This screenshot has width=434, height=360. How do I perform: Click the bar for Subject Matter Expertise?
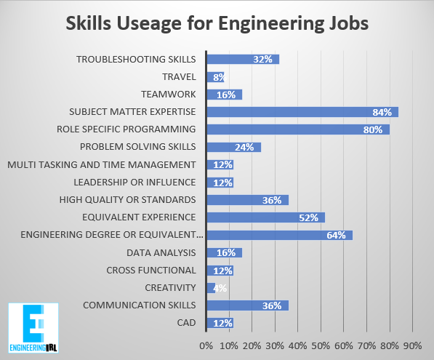(x=302, y=112)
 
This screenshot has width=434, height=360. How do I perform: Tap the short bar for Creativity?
(x=211, y=287)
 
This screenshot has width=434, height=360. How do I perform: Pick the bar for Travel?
(x=215, y=76)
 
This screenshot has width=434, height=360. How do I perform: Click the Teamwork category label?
(x=172, y=94)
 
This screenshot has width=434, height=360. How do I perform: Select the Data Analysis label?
(x=161, y=252)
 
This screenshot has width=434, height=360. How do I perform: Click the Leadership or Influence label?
(x=135, y=182)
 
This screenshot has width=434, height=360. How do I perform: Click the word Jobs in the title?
(x=346, y=23)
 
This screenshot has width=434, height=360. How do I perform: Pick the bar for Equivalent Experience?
(x=265, y=217)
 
